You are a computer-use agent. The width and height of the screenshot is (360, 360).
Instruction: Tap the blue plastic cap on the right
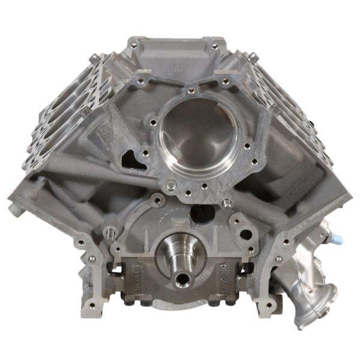tap(338, 239)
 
